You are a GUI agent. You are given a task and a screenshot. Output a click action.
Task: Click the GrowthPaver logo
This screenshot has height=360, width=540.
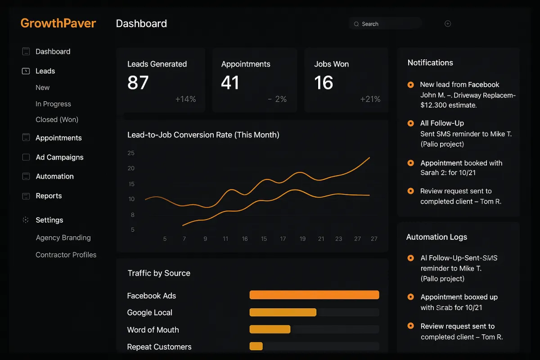coord(58,23)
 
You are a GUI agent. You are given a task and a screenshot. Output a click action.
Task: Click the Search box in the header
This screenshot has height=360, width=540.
coord(385,24)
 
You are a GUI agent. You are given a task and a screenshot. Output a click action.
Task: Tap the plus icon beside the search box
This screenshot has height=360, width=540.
coord(448,24)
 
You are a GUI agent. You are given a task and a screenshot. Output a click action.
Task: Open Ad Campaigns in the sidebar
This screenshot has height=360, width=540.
coord(59,157)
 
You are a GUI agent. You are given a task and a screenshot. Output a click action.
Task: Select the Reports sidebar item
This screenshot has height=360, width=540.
coord(49,196)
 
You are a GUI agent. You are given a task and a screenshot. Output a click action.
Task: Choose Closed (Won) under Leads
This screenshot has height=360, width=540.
coord(57,120)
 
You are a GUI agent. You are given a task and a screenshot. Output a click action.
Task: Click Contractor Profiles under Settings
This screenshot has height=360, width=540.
coord(66,255)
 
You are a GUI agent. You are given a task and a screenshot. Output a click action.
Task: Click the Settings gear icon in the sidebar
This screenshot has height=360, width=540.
coord(26,220)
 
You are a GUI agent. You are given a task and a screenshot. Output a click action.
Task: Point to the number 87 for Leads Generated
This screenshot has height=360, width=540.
coord(138,83)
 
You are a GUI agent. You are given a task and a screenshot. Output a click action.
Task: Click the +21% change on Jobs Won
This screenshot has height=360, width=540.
coord(370,99)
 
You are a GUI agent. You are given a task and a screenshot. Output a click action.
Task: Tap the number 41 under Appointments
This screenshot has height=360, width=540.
coord(230,83)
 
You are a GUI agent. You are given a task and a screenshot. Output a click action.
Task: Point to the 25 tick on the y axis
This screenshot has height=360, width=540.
coord(131,153)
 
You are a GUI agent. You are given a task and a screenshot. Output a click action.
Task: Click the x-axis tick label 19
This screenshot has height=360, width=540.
coord(302,238)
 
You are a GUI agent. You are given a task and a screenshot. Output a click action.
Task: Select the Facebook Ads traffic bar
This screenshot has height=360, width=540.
coord(314,295)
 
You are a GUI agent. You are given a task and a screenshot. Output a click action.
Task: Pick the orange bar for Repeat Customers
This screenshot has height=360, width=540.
coord(256,346)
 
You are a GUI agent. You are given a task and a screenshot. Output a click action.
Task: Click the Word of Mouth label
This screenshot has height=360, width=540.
coord(153,330)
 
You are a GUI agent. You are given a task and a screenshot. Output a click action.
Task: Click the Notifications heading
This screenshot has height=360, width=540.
coord(430,63)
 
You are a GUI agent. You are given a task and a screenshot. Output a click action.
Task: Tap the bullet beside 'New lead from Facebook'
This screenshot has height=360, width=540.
coord(410,85)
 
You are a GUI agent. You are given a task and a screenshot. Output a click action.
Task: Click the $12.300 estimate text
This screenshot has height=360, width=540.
coord(448,105)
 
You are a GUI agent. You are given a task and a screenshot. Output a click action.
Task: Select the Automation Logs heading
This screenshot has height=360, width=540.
coord(436,237)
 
